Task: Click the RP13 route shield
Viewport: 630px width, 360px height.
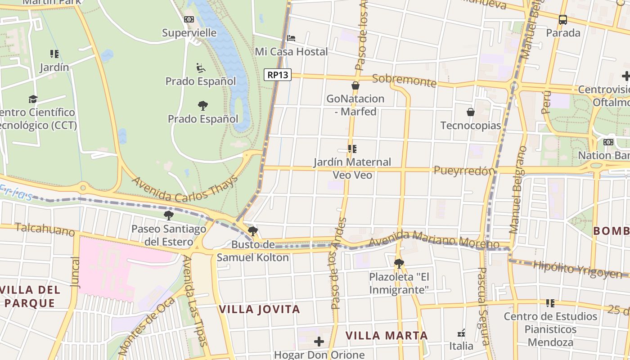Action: pos(278,75)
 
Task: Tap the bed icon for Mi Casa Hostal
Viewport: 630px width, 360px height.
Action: pos(291,38)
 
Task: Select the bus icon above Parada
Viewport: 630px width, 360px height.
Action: pos(563,20)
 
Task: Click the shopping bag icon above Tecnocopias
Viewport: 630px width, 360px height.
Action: pos(471,112)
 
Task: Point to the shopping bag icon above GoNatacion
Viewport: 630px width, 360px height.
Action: pos(355,85)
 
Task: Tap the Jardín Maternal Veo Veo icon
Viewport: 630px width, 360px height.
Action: pos(352,149)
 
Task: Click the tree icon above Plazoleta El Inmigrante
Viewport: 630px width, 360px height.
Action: pos(399,263)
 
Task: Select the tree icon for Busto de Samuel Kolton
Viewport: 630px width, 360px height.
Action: pos(253,231)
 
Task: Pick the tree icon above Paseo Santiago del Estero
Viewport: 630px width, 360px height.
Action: pos(169,216)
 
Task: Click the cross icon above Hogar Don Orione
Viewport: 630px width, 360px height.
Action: pos(319,342)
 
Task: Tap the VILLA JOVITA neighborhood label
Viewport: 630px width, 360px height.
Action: pos(259,310)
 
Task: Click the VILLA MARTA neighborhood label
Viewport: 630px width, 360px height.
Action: pos(387,336)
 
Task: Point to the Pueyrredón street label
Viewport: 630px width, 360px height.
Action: pos(464,171)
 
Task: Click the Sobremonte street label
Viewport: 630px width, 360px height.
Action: pos(404,81)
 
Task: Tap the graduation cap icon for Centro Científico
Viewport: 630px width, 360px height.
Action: pos(33,99)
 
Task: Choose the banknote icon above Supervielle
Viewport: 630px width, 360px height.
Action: pos(189,19)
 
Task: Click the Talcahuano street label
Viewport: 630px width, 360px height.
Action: pos(45,229)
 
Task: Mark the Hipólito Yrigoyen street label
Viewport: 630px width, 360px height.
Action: pos(577,269)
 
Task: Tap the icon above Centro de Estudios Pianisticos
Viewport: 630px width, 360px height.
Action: pos(550,303)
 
